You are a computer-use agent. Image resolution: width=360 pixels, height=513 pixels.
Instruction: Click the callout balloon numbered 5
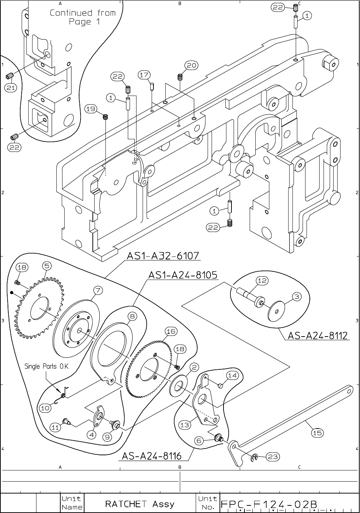point(47,266)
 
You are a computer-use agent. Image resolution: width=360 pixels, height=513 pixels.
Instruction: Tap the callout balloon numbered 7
point(98,290)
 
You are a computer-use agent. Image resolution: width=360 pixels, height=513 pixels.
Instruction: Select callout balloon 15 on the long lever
point(317,433)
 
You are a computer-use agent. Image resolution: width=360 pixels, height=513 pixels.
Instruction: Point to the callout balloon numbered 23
point(273,457)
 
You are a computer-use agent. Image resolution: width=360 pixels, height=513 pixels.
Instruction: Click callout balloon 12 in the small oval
point(262,280)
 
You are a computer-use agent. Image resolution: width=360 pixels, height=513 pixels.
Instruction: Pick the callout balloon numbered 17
point(144,75)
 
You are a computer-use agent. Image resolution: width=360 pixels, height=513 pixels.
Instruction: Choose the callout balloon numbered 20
point(191,65)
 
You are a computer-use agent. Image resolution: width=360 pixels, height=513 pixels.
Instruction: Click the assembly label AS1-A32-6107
point(163,256)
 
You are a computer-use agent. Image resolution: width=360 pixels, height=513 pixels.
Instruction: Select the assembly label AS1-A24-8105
point(183,275)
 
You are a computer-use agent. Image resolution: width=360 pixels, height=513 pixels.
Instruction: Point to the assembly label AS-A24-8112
point(317,336)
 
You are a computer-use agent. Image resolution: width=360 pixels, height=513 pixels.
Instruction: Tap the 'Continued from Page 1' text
point(83,17)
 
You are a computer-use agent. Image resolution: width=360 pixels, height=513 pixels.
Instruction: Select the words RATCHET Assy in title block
point(139,504)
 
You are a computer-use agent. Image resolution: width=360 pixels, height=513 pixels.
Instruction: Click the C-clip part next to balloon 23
point(254,458)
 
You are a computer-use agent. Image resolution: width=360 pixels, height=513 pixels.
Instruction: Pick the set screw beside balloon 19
point(106,117)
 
